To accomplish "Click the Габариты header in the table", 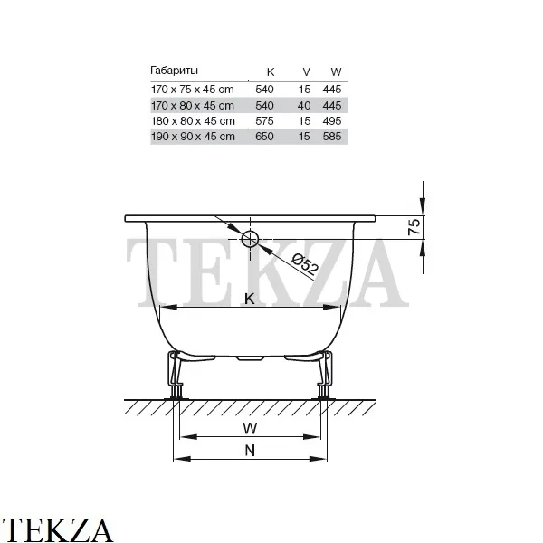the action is [x=174, y=71].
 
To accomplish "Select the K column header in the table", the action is [x=271, y=72].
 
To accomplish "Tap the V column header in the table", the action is [x=306, y=72].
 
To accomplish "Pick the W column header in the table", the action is [x=336, y=72].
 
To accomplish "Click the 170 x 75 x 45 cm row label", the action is [x=193, y=90].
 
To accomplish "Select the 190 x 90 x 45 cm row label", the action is [x=193, y=137].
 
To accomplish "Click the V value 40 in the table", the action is [x=304, y=105].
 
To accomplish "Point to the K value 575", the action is [x=264, y=121].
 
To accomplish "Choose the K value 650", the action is [x=264, y=137].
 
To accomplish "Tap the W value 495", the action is [x=332, y=121].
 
